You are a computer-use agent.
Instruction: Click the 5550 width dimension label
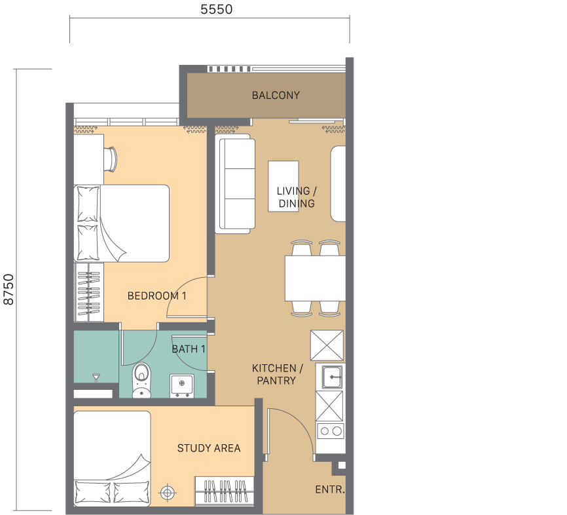coord(216,9)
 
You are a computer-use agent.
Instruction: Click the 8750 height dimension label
coord(9,289)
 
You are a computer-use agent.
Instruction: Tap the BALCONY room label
coord(276,95)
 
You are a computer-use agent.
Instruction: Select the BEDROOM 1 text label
coord(157,296)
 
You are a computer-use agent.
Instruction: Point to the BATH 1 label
coord(189,349)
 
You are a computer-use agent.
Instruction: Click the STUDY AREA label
coord(209,448)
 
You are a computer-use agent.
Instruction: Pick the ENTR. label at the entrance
coord(330,489)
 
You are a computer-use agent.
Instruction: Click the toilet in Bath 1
coord(141,380)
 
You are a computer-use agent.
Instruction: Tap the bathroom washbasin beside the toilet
coord(181,385)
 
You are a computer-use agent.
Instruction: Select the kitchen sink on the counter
coord(332,377)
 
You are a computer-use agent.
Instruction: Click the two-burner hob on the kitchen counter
coord(331,431)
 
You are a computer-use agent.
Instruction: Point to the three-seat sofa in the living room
coord(235,184)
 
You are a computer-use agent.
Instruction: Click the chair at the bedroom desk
coord(111,159)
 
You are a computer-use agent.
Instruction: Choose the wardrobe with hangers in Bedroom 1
coord(89,292)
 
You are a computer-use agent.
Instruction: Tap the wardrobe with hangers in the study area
coord(224,491)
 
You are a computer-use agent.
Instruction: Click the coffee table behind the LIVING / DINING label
coord(283,186)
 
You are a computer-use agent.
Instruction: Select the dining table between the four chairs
coord(315,278)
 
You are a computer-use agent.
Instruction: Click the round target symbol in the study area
coord(167,493)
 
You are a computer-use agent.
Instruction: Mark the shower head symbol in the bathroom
coord(96,377)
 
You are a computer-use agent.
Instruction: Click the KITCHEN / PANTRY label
coord(277,374)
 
